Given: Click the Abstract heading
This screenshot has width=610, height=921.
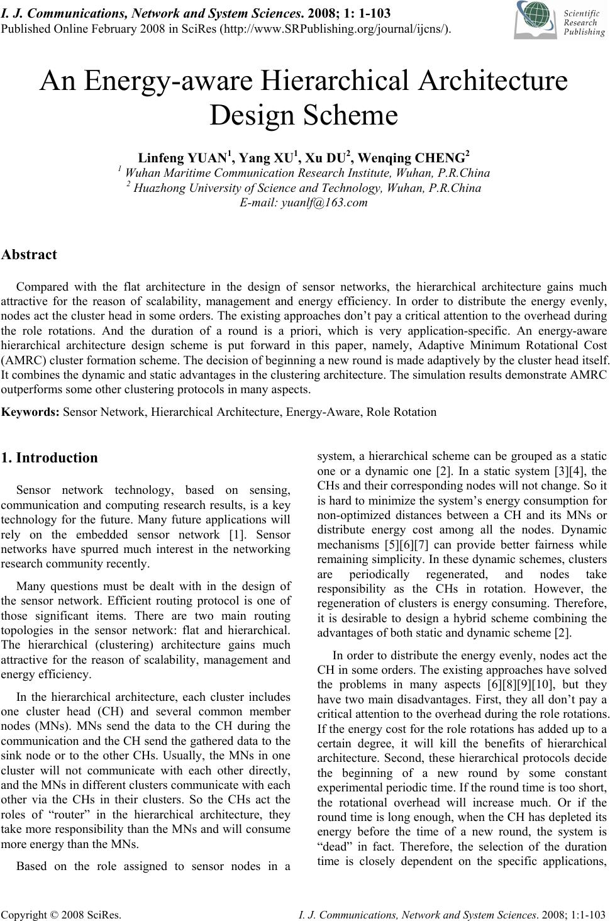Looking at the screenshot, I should tap(29, 255).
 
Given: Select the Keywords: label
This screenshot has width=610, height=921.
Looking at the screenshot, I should tap(31, 412).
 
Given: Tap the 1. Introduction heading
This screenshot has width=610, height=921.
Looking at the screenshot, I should tap(50, 457).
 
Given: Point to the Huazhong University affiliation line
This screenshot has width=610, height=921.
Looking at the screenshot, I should tap(304, 187).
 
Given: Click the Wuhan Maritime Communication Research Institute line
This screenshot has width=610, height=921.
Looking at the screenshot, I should tap(304, 173).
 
